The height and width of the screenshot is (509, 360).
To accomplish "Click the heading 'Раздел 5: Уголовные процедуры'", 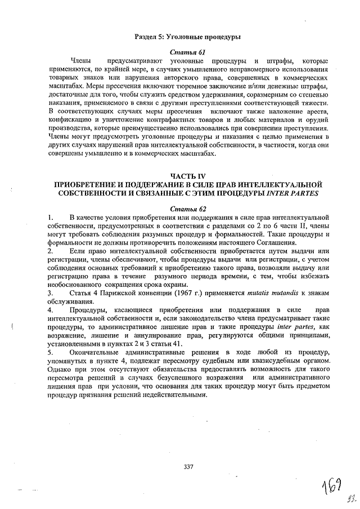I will pyautogui.click(x=187, y=37).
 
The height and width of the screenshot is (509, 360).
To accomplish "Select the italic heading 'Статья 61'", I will pyautogui.click(x=188, y=52).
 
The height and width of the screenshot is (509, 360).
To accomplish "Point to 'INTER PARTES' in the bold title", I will pyautogui.click(x=293, y=194).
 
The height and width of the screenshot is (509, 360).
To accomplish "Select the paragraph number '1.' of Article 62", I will pyautogui.click(x=51, y=217).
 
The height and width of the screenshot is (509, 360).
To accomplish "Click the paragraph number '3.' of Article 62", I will pyautogui.click(x=51, y=293).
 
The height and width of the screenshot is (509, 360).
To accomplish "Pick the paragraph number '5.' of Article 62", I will pyautogui.click(x=51, y=352).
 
